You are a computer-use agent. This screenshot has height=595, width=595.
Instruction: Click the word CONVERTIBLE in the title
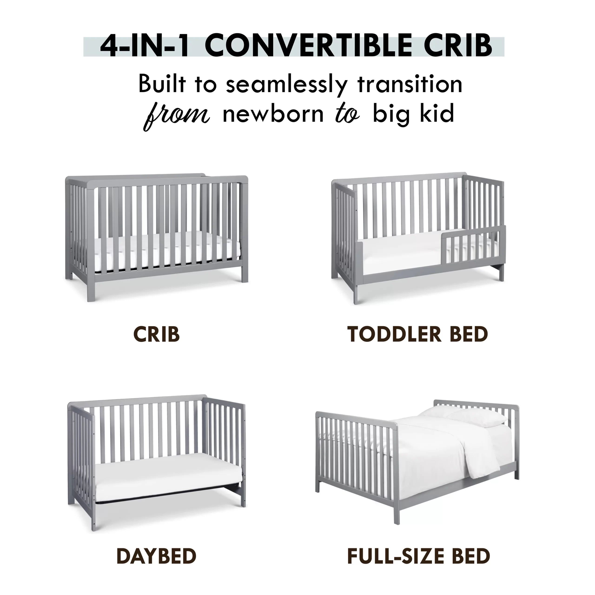308,46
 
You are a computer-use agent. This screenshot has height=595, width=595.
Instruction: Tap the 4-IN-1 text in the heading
144,46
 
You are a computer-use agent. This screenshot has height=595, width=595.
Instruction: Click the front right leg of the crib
245,271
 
